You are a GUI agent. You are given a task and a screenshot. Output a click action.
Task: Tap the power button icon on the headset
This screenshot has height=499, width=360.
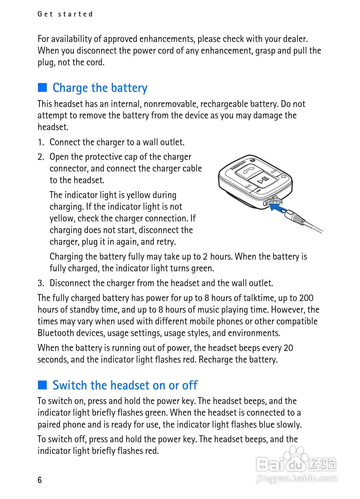252,160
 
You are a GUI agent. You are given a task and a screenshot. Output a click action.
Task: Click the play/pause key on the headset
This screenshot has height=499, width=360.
263,180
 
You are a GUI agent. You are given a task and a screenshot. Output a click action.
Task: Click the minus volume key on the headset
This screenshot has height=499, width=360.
258,191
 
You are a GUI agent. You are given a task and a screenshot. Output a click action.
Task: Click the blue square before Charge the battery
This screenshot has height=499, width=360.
42,88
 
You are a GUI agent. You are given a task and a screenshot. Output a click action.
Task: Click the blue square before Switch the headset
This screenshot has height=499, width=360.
42,385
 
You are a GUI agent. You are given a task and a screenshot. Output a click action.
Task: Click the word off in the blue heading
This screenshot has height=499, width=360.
190,385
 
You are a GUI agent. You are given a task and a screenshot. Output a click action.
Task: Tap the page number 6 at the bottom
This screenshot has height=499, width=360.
40,480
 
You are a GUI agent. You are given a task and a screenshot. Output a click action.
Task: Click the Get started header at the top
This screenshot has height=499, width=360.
65,14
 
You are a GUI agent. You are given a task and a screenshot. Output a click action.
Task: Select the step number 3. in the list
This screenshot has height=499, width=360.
41,283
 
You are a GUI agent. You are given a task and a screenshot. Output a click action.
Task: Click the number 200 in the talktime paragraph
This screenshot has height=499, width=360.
306,298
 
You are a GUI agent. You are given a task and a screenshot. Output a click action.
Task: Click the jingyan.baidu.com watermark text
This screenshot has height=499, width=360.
297,478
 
